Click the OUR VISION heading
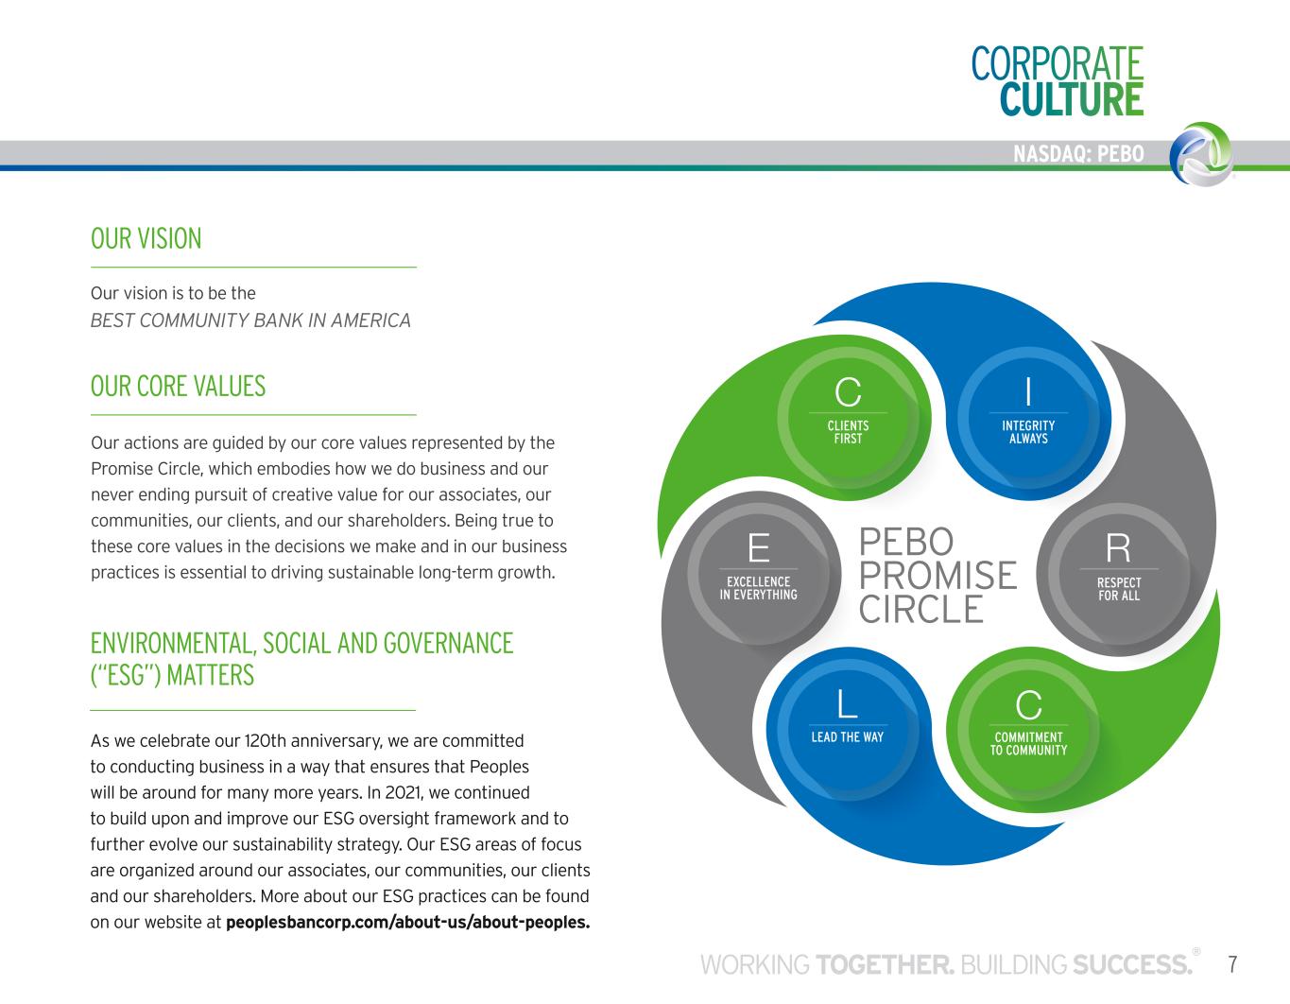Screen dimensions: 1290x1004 click(x=146, y=238)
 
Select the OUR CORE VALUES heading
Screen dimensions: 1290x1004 click(x=178, y=386)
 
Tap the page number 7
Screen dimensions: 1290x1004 click(x=1232, y=964)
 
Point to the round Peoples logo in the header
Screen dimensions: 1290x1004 click(x=1200, y=152)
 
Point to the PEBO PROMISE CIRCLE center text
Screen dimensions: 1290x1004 click(x=937, y=575)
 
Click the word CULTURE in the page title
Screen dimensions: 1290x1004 click(x=1072, y=99)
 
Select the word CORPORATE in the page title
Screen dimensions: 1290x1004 click(x=1057, y=63)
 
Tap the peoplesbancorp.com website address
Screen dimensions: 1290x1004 click(x=407, y=922)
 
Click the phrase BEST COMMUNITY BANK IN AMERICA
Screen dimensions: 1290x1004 click(x=250, y=320)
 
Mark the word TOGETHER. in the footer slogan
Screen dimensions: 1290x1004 click(x=885, y=965)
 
